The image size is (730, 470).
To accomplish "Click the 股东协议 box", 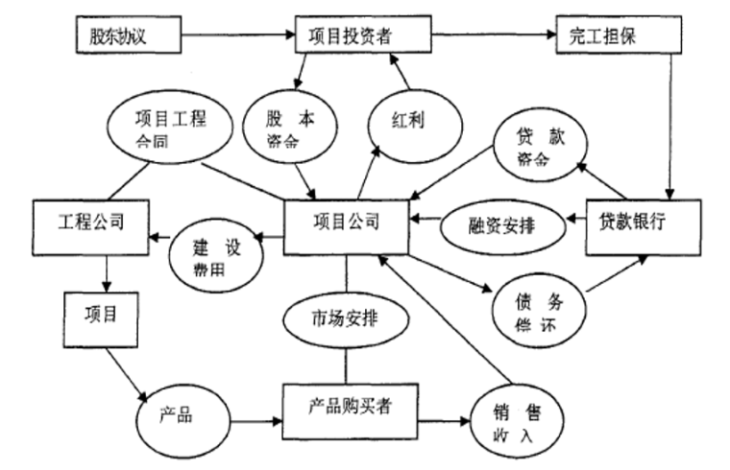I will coord(129,37).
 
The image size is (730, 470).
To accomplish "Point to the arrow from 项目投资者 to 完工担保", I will coord(493,37).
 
